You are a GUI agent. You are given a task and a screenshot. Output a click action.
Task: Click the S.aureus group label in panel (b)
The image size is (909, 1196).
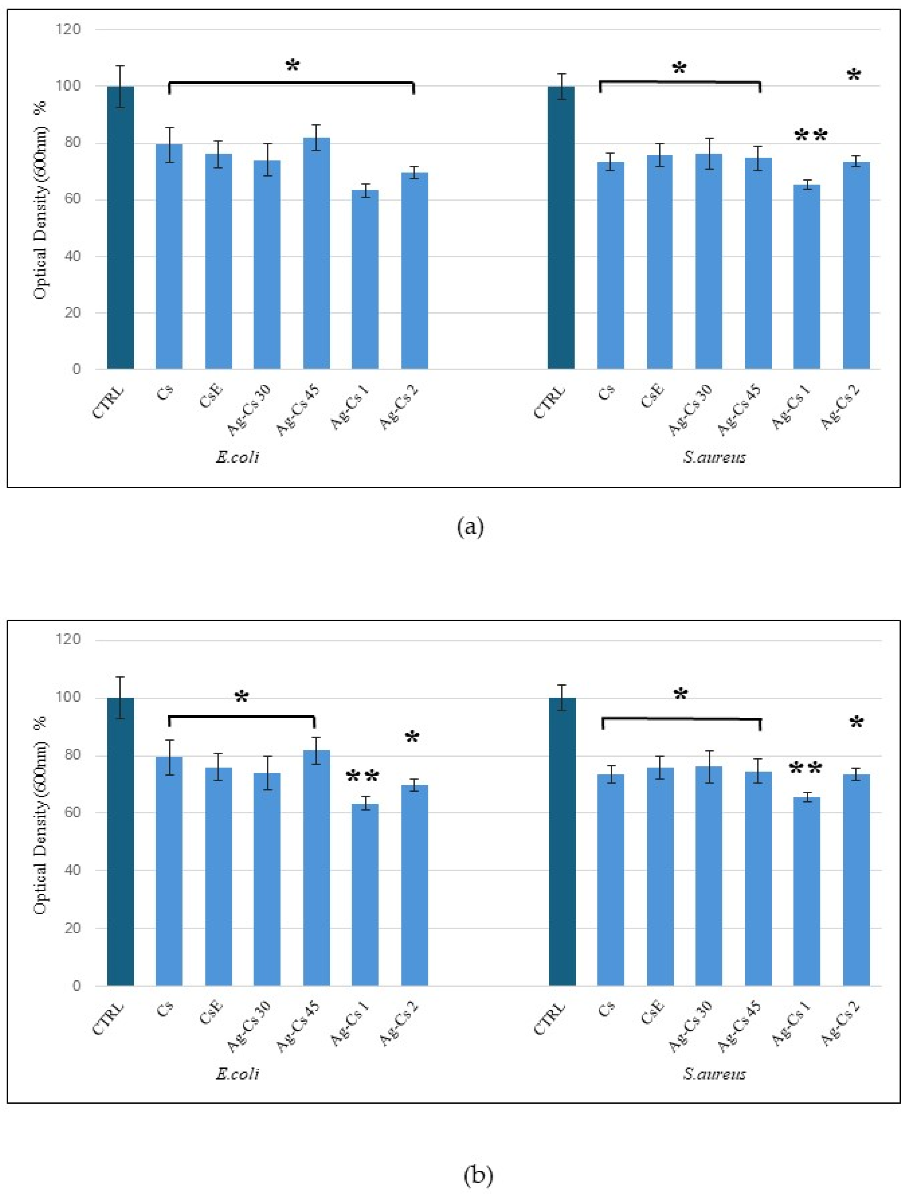714,1074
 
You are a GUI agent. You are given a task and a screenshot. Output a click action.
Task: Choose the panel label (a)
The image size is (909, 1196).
469,526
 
